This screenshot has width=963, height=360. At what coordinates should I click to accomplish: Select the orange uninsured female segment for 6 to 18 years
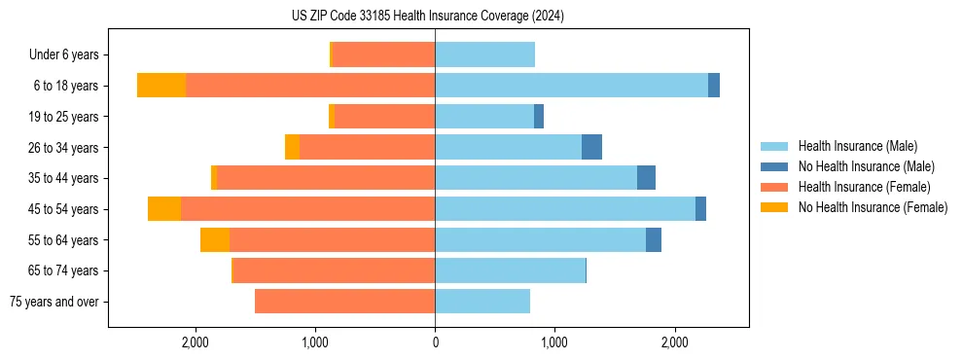161,86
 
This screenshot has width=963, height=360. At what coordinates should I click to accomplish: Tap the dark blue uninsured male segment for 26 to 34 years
591,147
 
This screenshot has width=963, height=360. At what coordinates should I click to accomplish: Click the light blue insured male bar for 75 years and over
482,302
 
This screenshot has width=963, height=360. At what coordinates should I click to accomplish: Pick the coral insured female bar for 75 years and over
344,302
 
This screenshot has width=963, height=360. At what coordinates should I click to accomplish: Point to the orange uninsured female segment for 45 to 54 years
164,209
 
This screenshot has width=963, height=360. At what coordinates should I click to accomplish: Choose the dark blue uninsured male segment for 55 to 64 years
654,240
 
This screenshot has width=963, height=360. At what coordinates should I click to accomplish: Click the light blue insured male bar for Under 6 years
484,54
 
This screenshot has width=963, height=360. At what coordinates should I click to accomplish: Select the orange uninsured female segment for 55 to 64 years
215,240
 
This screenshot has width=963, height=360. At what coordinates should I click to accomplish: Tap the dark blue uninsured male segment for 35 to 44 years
646,178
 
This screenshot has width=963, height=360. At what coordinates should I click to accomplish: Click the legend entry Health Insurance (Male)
857,146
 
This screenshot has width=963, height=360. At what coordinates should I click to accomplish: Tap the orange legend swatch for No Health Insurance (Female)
774,207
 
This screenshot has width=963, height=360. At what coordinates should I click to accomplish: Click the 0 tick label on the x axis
435,342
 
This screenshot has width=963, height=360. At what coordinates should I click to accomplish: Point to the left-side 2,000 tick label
196,342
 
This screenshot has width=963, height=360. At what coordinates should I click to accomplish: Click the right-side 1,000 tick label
554,342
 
